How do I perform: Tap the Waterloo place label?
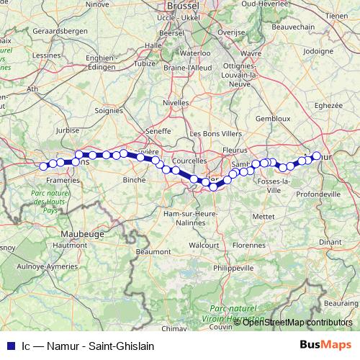(194, 53)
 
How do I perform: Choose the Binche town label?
(135, 179)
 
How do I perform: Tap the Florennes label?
(250, 235)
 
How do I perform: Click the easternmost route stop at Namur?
(316, 156)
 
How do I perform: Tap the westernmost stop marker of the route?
(43, 166)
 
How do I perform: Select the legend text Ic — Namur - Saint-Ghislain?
(87, 346)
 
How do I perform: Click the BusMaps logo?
(325, 345)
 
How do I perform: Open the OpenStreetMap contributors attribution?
(297, 323)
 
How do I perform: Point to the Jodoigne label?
(319, 52)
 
